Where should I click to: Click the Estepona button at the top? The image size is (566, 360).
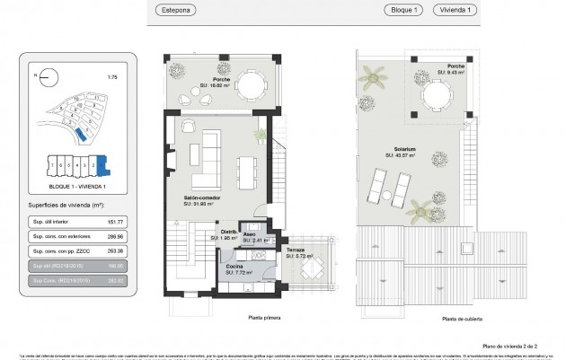tap(193, 11)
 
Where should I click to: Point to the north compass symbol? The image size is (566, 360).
tap(38, 77)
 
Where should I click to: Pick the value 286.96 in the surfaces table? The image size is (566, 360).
tap(114, 236)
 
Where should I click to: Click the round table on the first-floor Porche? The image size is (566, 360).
tap(251, 86)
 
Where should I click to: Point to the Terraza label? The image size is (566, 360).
tap(296, 251)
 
